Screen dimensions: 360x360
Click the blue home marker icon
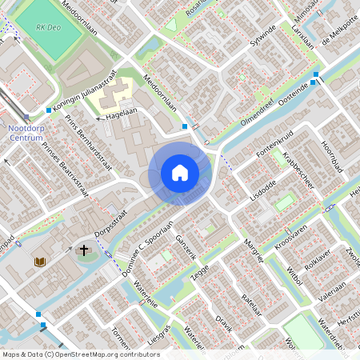180,173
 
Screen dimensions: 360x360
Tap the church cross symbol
84,251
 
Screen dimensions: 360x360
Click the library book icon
40,262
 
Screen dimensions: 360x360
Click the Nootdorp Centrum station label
26,133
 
